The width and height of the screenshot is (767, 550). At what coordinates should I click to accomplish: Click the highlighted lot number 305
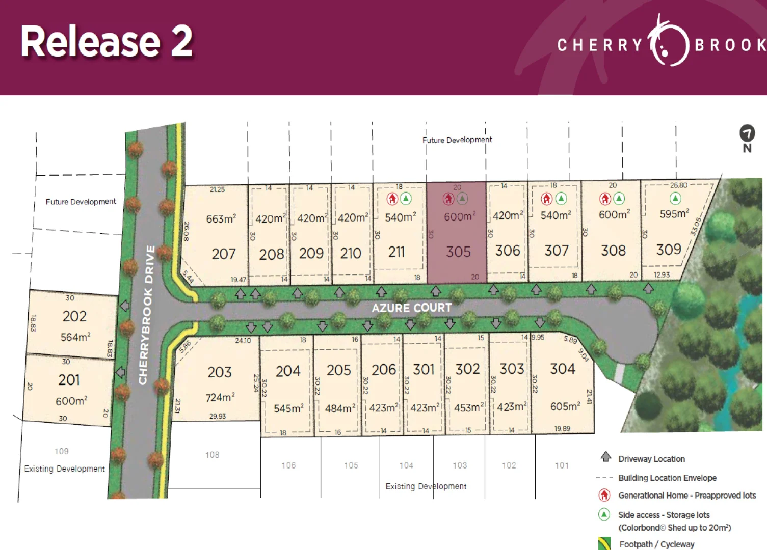point(458,252)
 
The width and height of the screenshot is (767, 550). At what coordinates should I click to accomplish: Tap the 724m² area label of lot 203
point(220,397)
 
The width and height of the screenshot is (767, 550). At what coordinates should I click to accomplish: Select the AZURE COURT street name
point(412,308)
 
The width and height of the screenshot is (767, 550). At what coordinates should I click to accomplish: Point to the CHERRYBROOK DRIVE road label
point(147,315)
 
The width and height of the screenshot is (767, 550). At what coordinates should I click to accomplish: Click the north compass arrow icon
point(747,133)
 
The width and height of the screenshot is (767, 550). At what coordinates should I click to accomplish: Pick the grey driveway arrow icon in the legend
point(605,457)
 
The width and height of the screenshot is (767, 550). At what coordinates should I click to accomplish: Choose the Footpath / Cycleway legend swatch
point(604,543)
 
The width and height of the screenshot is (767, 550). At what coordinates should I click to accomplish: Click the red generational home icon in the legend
point(604,495)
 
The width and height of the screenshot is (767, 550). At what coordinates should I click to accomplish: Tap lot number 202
point(74,316)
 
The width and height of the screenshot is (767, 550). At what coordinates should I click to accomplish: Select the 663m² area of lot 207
point(221,219)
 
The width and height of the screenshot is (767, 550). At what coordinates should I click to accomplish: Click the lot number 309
point(669,250)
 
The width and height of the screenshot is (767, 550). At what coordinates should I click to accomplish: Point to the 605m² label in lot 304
point(565,406)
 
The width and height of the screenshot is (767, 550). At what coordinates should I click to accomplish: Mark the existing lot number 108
point(213,455)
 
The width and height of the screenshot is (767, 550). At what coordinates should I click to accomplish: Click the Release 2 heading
point(107,42)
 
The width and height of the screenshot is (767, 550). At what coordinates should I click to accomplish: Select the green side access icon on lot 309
point(675,198)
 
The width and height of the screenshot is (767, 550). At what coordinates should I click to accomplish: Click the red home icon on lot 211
point(392,199)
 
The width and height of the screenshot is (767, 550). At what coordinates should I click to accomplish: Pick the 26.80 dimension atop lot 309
point(678,185)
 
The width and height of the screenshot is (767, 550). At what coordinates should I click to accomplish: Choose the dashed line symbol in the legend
point(604,478)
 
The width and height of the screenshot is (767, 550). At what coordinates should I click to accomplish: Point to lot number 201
point(69,380)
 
